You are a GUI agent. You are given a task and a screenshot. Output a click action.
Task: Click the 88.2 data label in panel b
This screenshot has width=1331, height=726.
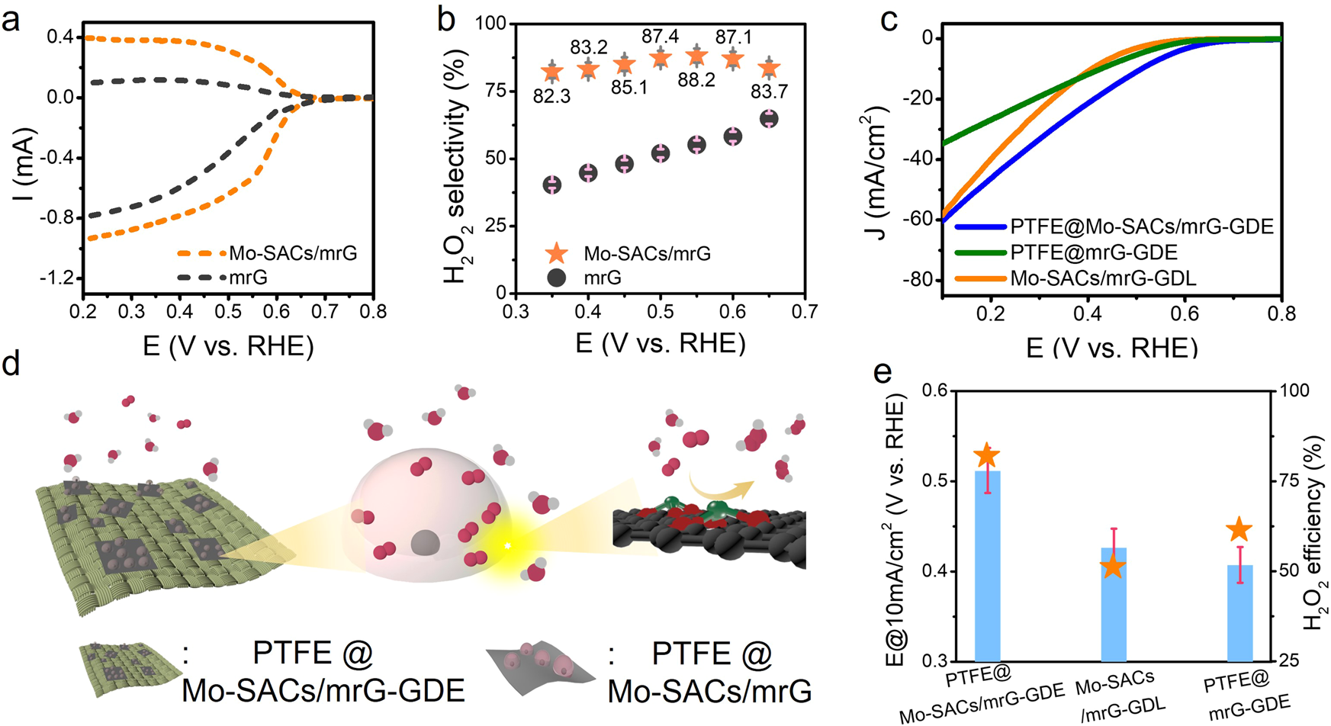click(696, 80)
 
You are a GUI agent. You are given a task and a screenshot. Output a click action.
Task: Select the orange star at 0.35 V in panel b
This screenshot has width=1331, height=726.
click(552, 72)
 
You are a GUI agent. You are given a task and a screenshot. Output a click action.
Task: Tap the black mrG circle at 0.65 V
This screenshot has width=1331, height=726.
click(769, 118)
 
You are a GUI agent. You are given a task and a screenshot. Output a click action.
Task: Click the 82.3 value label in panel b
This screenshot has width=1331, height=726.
click(551, 97)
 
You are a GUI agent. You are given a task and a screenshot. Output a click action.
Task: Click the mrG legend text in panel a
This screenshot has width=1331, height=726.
click(249, 278)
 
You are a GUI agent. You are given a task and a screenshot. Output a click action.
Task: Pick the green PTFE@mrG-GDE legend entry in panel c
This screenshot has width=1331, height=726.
click(1094, 252)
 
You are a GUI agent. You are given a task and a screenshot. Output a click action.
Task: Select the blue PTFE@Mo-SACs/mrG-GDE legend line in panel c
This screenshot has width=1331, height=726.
click(980, 226)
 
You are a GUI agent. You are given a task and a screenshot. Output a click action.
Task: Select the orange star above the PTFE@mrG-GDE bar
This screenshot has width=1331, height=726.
click(1239, 530)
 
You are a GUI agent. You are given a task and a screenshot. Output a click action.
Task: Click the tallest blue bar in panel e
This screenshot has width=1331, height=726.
click(988, 564)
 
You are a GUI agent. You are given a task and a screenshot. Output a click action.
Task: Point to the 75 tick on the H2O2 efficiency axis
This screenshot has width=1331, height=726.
click(1289, 480)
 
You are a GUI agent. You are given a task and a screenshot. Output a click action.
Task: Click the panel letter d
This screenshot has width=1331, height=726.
click(11, 365)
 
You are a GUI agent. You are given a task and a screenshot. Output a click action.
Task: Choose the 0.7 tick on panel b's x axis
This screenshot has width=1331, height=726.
click(805, 312)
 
